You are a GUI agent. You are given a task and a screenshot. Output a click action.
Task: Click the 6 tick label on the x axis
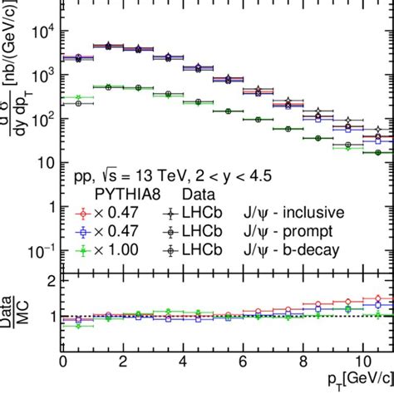pyautogui.click(x=243, y=363)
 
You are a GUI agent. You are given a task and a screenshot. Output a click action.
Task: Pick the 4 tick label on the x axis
pyautogui.click(x=183, y=363)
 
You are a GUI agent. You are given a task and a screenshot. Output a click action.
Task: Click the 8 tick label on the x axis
pyautogui.click(x=303, y=363)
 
